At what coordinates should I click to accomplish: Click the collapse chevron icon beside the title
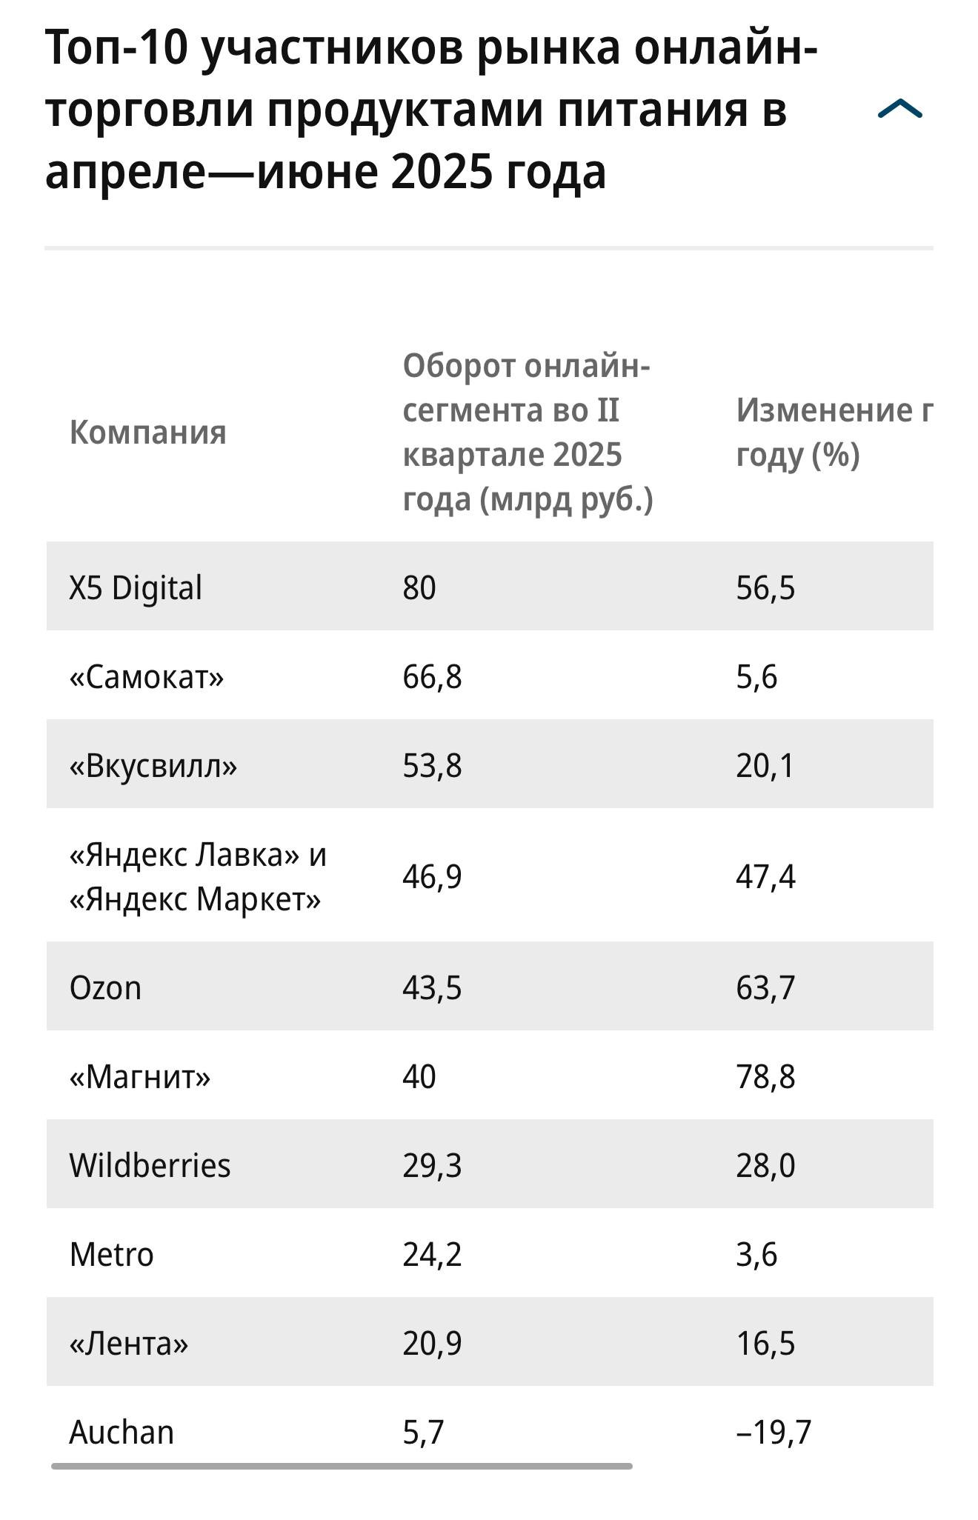(899, 110)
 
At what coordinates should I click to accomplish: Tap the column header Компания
(147, 433)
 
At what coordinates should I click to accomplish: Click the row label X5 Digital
(136, 588)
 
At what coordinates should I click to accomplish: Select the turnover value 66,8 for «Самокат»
(432, 677)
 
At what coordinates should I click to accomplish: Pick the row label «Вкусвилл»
(153, 766)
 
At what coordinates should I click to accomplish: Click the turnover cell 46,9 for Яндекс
(432, 877)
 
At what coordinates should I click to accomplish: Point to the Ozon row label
(105, 988)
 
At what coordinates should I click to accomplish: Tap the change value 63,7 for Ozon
(765, 988)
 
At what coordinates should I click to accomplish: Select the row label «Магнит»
(140, 1077)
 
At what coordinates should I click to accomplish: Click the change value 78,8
(765, 1077)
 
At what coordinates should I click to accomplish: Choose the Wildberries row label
(150, 1166)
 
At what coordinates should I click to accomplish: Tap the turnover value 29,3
(432, 1166)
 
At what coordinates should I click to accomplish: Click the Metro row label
(111, 1255)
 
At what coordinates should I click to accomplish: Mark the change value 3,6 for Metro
(756, 1255)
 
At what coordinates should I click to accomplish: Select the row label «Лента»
(129, 1344)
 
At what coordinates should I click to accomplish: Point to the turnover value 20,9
(432, 1344)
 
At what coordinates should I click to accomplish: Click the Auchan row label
(122, 1433)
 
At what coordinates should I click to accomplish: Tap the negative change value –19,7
(774, 1433)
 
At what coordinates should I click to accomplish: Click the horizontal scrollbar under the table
(342, 1466)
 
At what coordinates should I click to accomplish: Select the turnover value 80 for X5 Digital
(419, 588)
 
